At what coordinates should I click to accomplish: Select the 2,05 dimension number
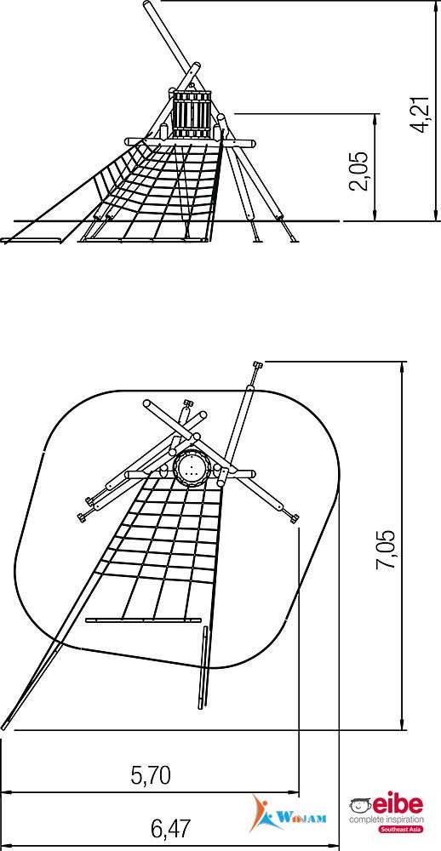coord(359,170)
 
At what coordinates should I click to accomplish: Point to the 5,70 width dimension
coord(151,775)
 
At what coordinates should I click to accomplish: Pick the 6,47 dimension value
coord(170,828)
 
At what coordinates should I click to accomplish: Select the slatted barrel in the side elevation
coord(192,114)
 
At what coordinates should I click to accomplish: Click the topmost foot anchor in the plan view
coord(257,365)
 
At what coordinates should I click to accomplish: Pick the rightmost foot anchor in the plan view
coord(294,519)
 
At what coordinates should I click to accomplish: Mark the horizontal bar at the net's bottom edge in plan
coord(143,620)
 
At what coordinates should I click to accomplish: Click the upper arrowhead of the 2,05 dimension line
coord(375,118)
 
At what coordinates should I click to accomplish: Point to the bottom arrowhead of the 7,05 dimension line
coord(402,724)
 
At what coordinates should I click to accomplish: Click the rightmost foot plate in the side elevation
coord(294,238)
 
